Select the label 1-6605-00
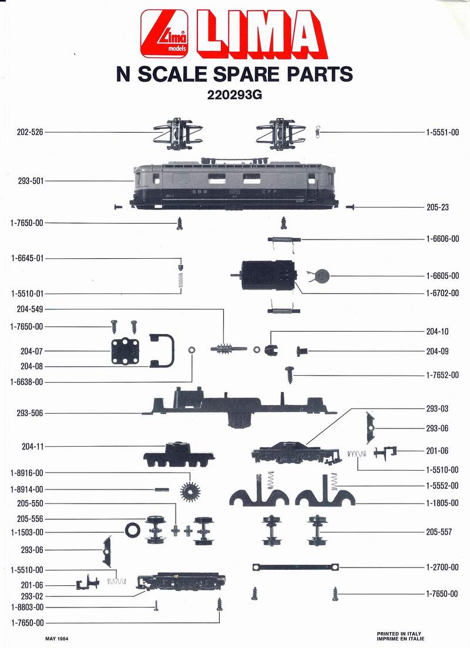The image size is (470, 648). pos(442,276)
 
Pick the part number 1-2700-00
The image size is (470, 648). pos(442,567)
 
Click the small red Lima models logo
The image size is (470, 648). pos(163,36)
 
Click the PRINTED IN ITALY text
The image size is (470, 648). pos(400,634)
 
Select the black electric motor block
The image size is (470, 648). pos(267,275)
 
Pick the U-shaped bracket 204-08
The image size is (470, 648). pos(162,350)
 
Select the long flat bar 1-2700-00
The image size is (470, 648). pos(296,567)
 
